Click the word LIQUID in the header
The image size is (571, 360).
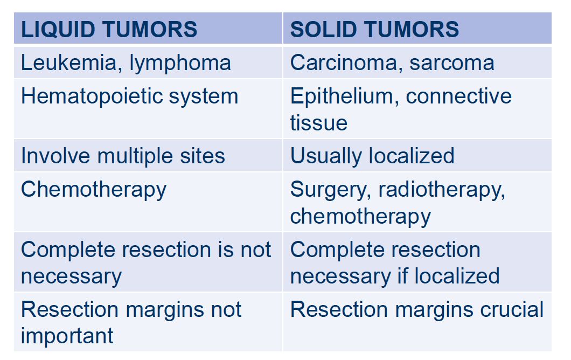tap(58, 30)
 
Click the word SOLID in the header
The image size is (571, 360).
tap(323, 29)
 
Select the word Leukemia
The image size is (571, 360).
tap(69, 63)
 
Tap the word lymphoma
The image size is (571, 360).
tap(180, 64)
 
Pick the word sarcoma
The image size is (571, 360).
tap(452, 64)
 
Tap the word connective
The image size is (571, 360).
tap(458, 96)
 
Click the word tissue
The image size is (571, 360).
tap(319, 123)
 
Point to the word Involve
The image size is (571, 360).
tap(55, 156)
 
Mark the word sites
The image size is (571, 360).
tap(203, 156)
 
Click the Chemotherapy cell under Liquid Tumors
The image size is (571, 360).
tap(94, 190)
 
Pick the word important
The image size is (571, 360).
tap(67, 336)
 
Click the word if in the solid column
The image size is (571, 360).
tap(402, 276)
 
